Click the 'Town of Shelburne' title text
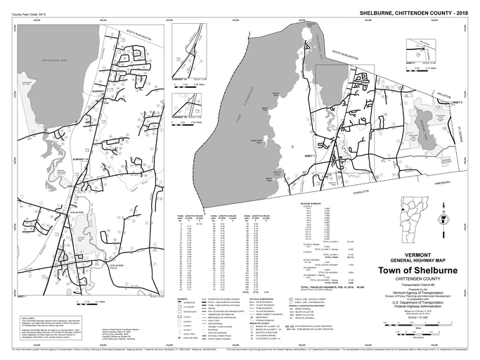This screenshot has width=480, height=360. pyautogui.click(x=422, y=271)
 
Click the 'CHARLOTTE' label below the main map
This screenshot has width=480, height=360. pyautogui.click(x=361, y=190)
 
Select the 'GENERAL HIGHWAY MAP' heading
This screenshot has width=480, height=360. pyautogui.click(x=422, y=260)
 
